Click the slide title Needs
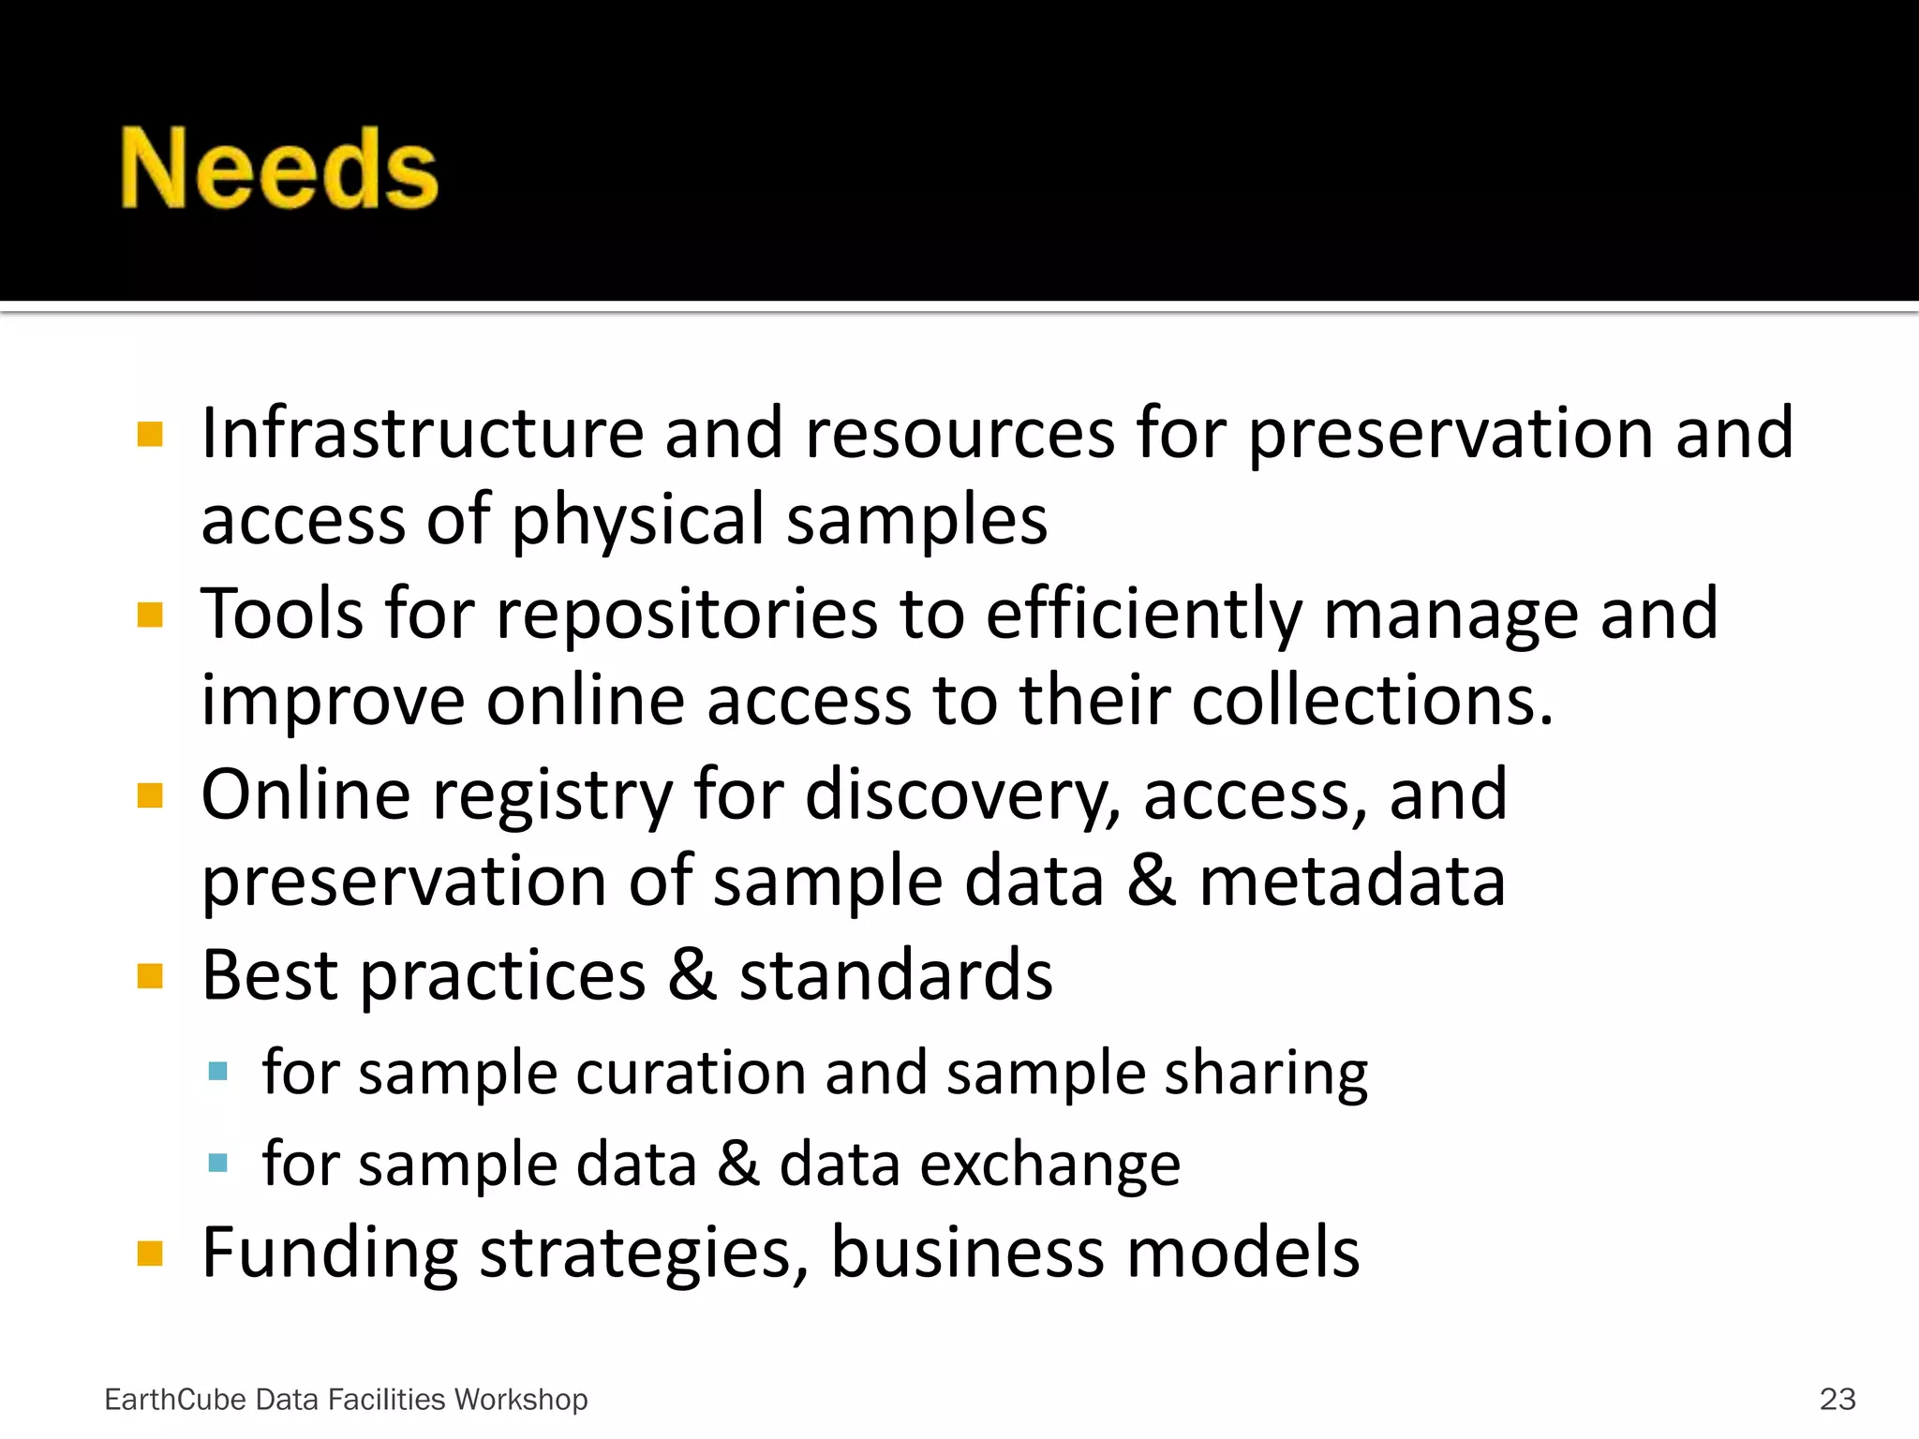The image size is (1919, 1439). pos(279,169)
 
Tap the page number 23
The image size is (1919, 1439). pos(1837,1399)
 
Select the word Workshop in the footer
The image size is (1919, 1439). pos(521,1400)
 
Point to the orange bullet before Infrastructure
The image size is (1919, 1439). pos(150,435)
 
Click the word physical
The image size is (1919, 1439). pos(637,521)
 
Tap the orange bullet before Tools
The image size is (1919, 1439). pos(150,616)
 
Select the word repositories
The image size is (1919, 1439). pos(687,616)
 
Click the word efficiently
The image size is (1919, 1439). pos(1143,616)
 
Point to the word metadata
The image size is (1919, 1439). pos(1352,883)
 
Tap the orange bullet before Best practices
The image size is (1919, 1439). pos(150,977)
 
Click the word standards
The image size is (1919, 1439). pos(896,976)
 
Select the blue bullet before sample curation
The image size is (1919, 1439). pos(218,1072)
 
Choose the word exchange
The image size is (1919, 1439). pos(1049,1165)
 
